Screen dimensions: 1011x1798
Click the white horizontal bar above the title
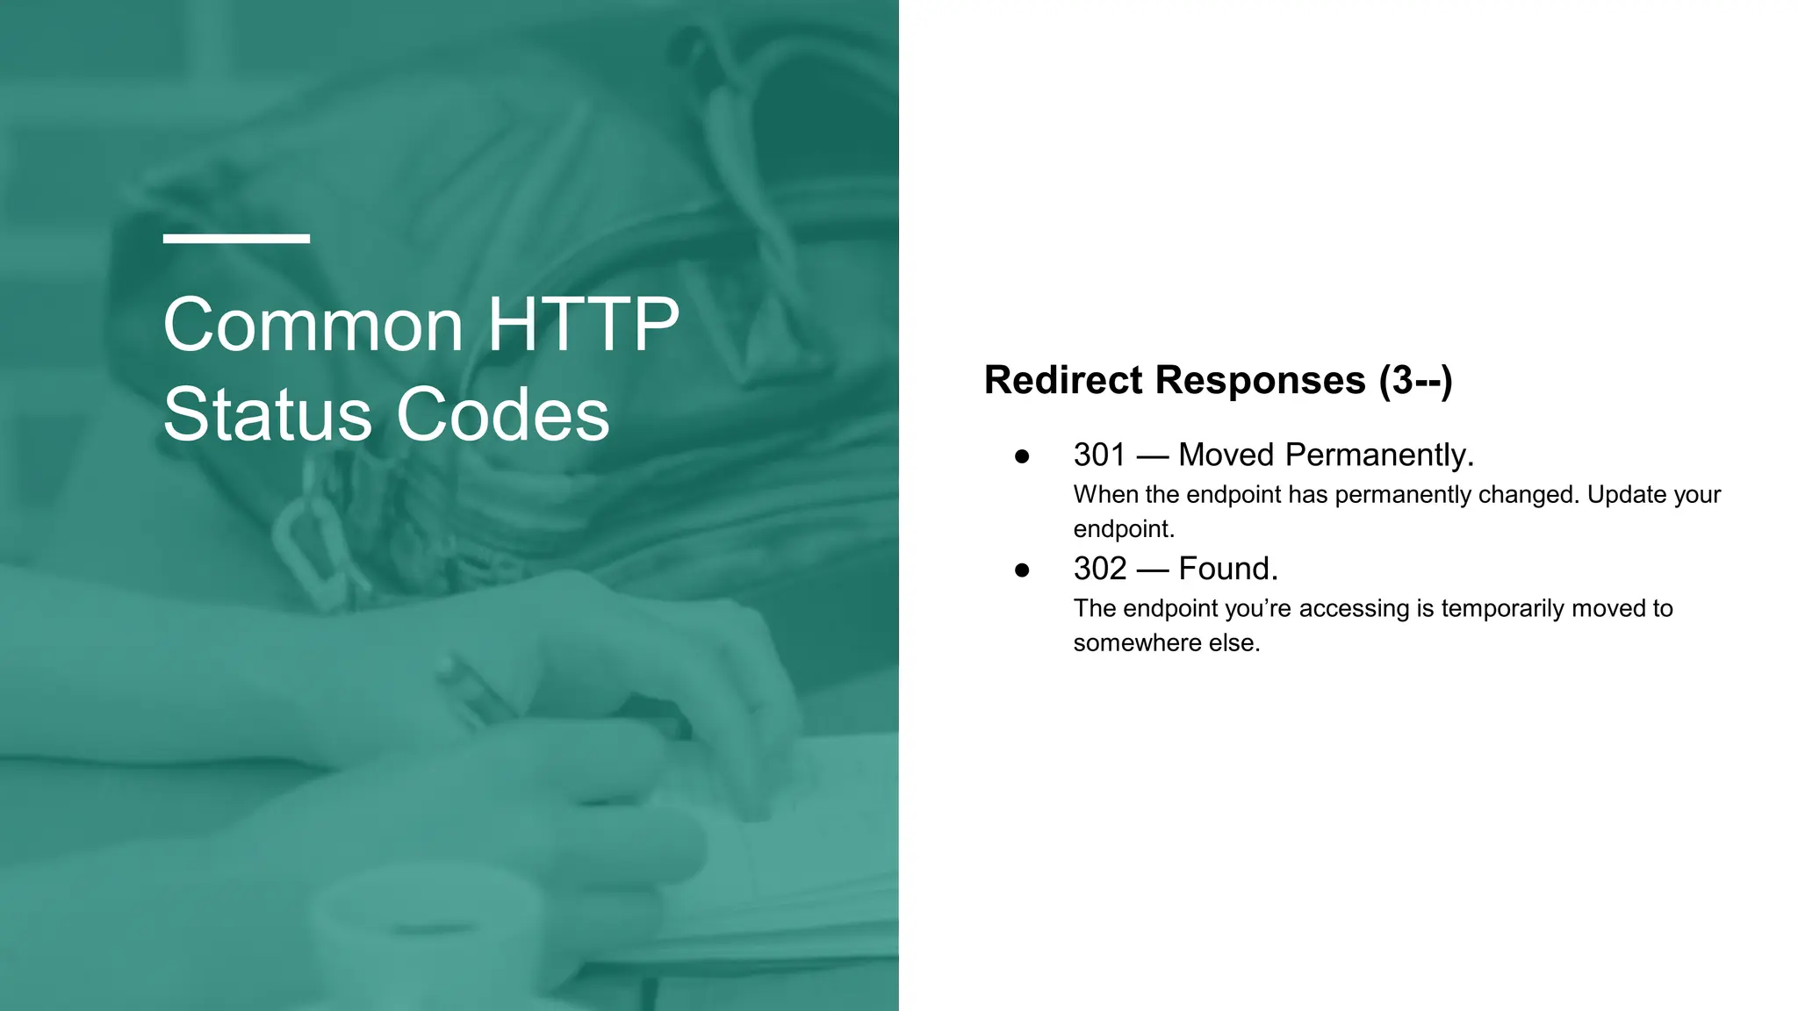pyautogui.click(x=236, y=239)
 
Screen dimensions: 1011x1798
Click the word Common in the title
pyautogui.click(x=313, y=325)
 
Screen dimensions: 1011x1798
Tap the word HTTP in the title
pyautogui.click(x=583, y=325)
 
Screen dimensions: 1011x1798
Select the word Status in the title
pyautogui.click(x=268, y=414)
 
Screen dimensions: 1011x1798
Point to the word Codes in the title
pyautogui.click(x=502, y=414)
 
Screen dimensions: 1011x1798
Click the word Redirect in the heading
pyautogui.click(x=1063, y=380)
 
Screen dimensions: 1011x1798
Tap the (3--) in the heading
pyautogui.click(x=1416, y=380)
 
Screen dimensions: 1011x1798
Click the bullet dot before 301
pyautogui.click(x=1022, y=456)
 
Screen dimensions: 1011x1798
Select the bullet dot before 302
pyautogui.click(x=1022, y=570)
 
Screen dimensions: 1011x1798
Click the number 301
pyautogui.click(x=1099, y=455)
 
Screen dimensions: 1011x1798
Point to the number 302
pyautogui.click(x=1099, y=569)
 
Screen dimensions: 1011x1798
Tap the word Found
pyautogui.click(x=1227, y=569)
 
